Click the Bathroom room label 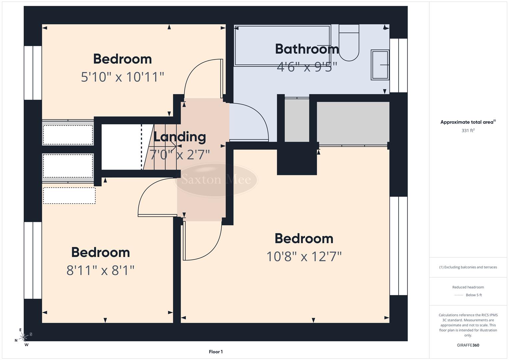[x=307, y=49]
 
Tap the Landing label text [x=179, y=137]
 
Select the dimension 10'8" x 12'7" [x=304, y=257]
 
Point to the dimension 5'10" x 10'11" [x=122, y=77]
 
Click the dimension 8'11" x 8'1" [x=100, y=270]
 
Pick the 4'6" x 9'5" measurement [x=307, y=67]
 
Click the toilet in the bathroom [x=349, y=43]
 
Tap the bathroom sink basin [x=380, y=65]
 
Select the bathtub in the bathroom [x=282, y=46]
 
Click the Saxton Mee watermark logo [x=216, y=180]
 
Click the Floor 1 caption [x=216, y=352]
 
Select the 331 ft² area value [x=468, y=131]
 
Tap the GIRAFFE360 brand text [x=468, y=345]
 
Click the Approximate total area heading [x=468, y=122]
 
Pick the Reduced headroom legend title [x=468, y=287]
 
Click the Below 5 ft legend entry [x=473, y=295]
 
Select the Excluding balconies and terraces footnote [x=468, y=267]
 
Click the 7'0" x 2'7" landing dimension [x=179, y=155]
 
